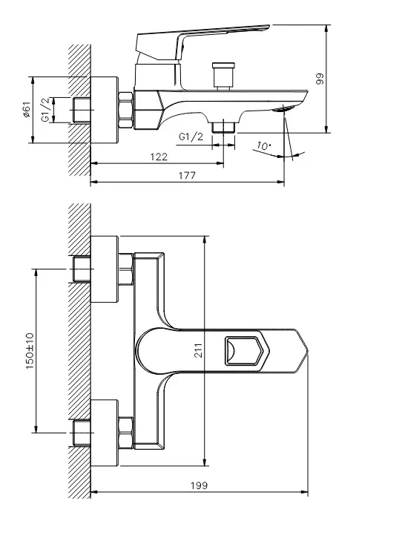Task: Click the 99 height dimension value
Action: pos(321,79)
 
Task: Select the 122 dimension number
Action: pos(158,157)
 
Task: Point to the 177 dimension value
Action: pos(187,176)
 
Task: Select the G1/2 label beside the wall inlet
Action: pos(46,110)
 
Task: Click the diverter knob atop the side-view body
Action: pos(222,75)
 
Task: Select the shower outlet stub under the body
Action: pos(223,128)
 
